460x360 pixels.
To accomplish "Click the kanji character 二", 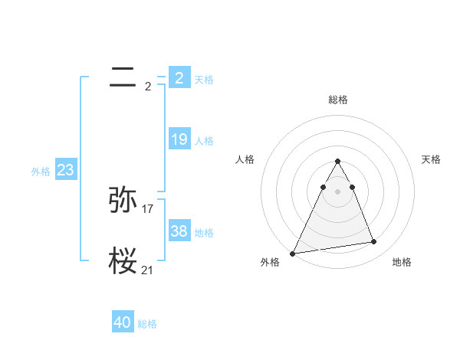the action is coord(123,77).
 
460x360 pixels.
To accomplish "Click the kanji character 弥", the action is coord(123,200).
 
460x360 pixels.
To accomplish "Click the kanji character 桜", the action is coord(123,261).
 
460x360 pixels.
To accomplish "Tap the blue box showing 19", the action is coord(179,139).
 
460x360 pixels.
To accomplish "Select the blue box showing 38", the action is coord(179,231).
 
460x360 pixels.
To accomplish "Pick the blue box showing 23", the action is coord(65,170).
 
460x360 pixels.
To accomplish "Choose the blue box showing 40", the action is coord(123,322).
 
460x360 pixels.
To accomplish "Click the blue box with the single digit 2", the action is coord(179,78).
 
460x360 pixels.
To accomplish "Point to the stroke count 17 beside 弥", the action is coord(148,208).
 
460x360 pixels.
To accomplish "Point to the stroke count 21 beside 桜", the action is coord(148,270).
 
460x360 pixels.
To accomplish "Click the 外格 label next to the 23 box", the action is coord(41,172).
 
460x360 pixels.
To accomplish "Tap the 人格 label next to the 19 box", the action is coord(204,141).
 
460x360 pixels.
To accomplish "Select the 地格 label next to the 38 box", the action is coord(204,233).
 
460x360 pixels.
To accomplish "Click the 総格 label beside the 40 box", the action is coord(147,324).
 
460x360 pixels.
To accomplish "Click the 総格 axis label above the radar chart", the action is coord(337,100).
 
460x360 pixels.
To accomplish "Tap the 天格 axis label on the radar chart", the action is coord(432,159).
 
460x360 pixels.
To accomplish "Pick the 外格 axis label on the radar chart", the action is coord(270,262).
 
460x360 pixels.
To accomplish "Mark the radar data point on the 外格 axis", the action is coord(293,253).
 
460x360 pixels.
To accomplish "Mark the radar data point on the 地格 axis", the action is coord(374,242).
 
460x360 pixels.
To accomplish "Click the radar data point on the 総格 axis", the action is coord(337,161).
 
